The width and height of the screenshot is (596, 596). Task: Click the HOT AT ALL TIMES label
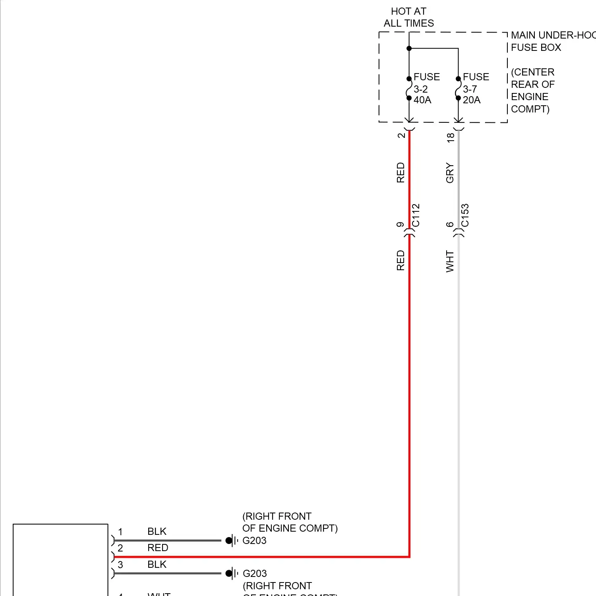pos(408,17)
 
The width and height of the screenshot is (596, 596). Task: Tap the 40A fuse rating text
pos(422,100)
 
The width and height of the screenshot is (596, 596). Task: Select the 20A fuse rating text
pos(472,100)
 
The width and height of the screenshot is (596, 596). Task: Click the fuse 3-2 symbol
pos(409,88)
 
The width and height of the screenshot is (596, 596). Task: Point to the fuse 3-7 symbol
pos(458,88)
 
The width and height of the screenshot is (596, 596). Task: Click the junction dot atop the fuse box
pos(409,48)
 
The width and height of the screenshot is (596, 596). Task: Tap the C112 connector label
pos(416,215)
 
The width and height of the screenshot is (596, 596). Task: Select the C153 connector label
pos(465,215)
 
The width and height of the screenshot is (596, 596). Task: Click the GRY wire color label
pos(450,173)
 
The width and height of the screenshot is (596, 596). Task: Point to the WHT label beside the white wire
pos(450,261)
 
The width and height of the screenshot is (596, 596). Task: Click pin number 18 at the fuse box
pos(450,137)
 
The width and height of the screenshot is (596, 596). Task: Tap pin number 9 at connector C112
pos(401,224)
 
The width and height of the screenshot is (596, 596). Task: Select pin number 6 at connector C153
pos(450,224)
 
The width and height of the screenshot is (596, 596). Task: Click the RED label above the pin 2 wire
pos(158,548)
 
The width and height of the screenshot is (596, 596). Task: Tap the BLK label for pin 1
pos(157,532)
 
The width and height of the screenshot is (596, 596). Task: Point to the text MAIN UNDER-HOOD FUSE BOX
pos(552,41)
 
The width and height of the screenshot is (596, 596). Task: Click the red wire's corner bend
pos(409,557)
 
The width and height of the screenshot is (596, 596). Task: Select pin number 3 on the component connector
pos(120,565)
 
